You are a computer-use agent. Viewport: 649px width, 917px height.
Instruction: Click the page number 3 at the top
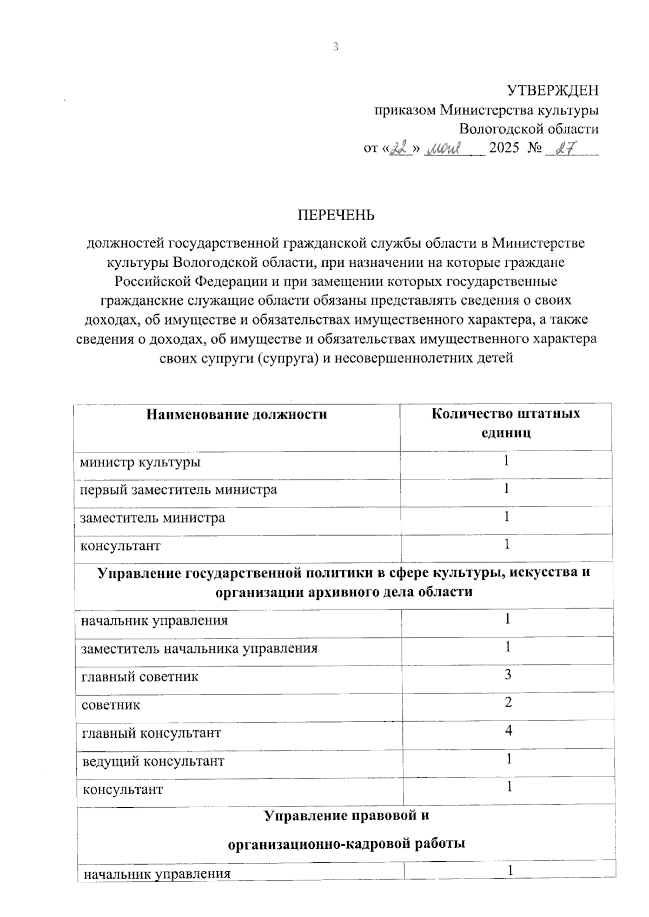[x=335, y=47]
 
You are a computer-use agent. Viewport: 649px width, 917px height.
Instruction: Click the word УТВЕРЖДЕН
[x=552, y=90]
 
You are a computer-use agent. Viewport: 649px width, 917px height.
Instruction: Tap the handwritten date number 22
[x=401, y=148]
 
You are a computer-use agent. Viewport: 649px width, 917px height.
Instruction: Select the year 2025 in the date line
[x=504, y=148]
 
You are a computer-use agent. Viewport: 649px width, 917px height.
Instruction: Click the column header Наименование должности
[x=237, y=414]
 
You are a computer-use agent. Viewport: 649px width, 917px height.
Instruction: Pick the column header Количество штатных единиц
[x=506, y=423]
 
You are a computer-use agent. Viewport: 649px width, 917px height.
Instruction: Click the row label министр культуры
[x=140, y=463]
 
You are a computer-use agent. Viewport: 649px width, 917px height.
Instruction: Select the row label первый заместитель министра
[x=178, y=490]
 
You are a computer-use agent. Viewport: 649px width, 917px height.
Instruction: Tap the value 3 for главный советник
[x=508, y=675]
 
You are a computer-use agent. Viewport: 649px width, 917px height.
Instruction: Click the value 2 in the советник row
[x=508, y=703]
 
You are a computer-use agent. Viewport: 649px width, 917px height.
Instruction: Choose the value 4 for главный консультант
[x=508, y=731]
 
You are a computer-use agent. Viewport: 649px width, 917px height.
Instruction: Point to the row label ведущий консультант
[x=153, y=761]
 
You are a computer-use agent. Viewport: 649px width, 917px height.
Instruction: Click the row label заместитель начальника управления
[x=199, y=648]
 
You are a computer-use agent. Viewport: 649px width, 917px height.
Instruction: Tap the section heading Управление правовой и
[x=346, y=815]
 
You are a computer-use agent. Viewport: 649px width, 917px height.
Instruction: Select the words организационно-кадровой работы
[x=346, y=843]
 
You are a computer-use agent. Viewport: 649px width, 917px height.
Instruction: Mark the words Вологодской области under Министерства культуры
[x=528, y=129]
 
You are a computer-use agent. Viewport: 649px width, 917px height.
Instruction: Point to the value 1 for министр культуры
[x=506, y=461]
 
